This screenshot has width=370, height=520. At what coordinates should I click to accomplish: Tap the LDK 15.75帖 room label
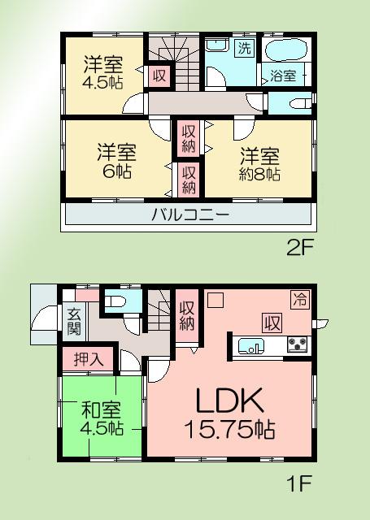pyautogui.click(x=228, y=412)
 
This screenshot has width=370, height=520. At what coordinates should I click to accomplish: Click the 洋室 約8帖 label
pyautogui.click(x=259, y=163)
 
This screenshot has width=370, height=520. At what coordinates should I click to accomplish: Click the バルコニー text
pyautogui.click(x=189, y=215)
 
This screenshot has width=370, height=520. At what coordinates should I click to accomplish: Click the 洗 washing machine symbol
pyautogui.click(x=244, y=48)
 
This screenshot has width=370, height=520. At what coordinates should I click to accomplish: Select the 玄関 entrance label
pyautogui.click(x=74, y=322)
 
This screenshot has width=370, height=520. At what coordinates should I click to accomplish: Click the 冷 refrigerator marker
pyautogui.click(x=299, y=297)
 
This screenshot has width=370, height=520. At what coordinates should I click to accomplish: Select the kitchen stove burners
pyautogui.click(x=298, y=345)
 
